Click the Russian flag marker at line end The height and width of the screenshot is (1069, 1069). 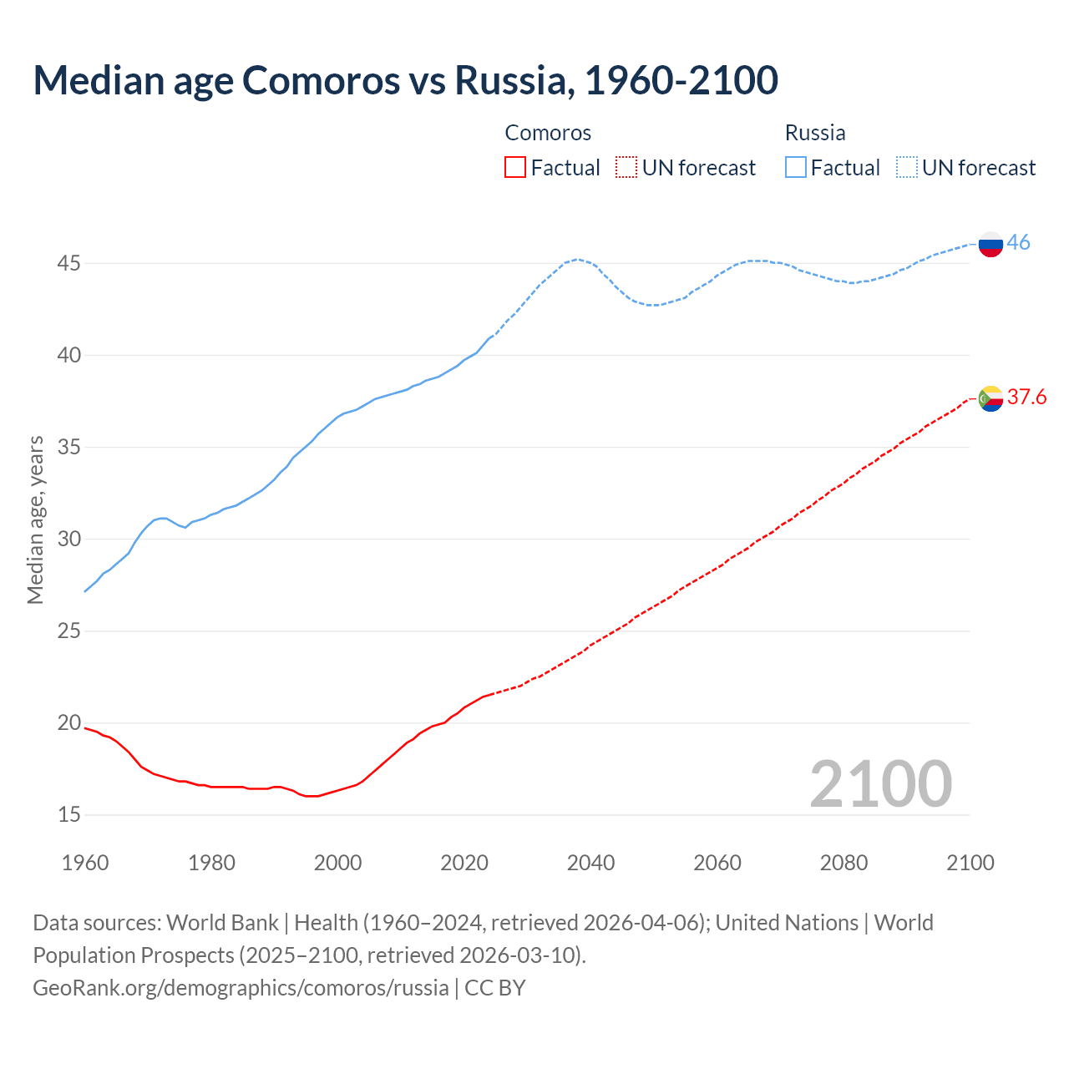pos(990,244)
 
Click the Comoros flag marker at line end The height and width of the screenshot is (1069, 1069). pos(990,398)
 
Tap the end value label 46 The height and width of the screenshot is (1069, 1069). pos(1018,242)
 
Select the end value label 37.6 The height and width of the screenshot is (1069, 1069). pos(1026,397)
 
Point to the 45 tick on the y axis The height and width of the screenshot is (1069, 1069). pos(68,264)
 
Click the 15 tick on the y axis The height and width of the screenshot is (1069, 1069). pos(68,814)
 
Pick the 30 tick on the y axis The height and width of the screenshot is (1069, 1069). pos(68,539)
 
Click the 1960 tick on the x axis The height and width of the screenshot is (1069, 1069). pos(85,863)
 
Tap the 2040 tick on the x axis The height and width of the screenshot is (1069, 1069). pos(590,863)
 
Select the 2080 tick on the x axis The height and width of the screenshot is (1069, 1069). pos(844,863)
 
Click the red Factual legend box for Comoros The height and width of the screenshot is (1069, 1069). pos(515,168)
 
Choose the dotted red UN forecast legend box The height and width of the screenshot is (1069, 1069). pos(626,168)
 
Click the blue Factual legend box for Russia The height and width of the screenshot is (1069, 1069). pos(796,168)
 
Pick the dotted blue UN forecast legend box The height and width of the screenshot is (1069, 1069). pos(906,168)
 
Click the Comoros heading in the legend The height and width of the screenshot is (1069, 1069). pos(548,133)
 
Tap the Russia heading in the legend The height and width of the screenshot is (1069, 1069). pos(815,133)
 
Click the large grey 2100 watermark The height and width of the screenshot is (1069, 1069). pos(880,783)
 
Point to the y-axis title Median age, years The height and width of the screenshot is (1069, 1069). pos(35,519)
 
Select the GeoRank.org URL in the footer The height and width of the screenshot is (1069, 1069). pos(241,988)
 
